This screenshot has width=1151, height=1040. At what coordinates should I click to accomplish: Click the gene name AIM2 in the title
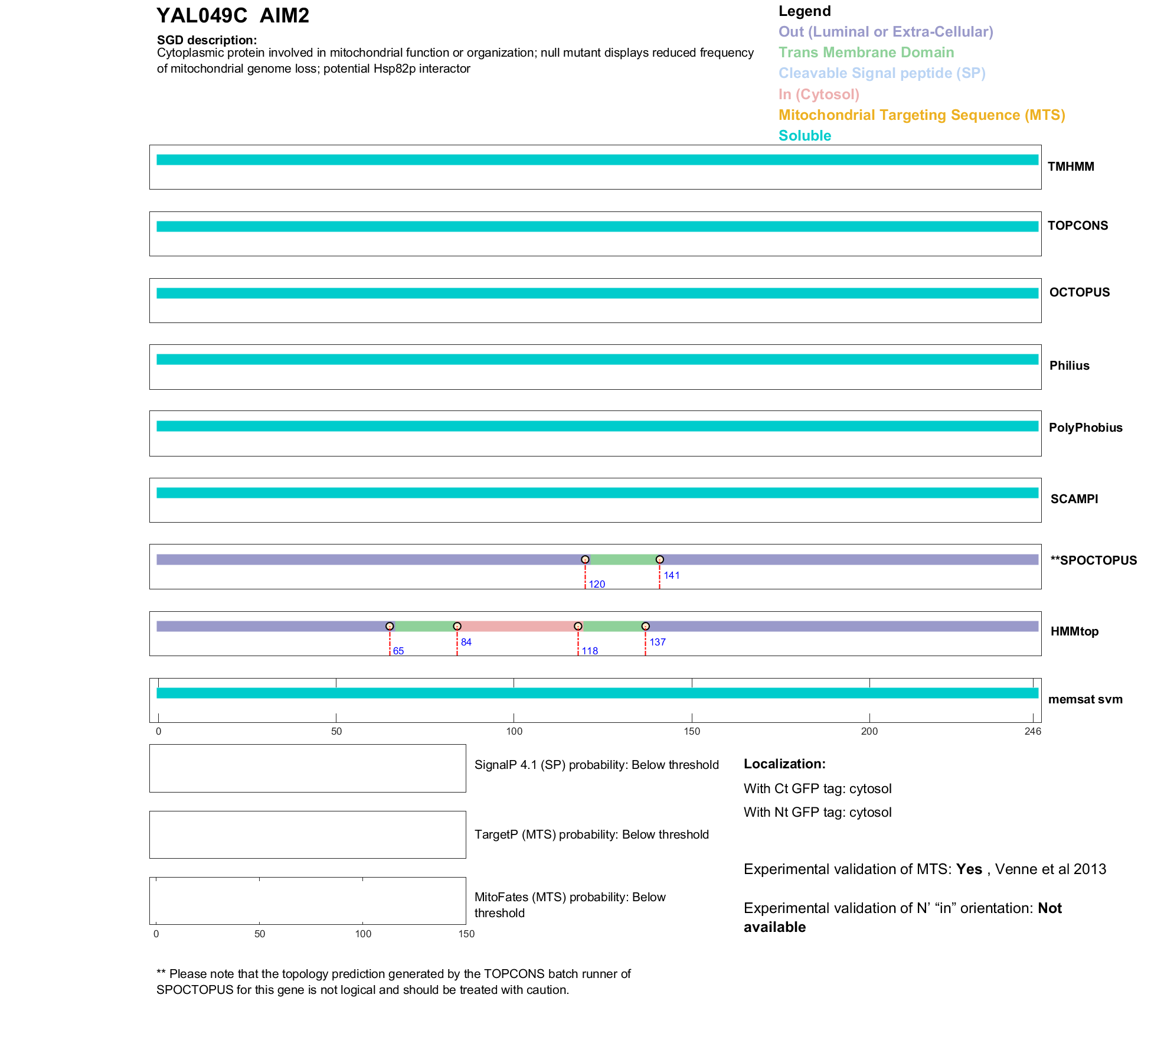284,16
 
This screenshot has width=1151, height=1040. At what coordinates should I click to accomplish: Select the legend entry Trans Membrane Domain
866,53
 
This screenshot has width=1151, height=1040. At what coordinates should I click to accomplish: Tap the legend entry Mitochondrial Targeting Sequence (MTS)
921,115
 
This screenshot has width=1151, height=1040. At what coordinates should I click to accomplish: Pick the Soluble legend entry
805,136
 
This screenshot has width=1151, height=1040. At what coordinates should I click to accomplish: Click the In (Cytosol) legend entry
819,94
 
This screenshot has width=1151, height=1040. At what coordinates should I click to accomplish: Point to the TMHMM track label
1071,167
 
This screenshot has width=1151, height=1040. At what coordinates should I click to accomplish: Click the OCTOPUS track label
1079,292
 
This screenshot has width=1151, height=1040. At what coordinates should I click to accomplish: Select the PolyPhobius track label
1085,428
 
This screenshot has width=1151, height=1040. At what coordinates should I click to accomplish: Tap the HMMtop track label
1074,631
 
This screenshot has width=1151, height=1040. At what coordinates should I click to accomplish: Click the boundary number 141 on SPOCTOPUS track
672,575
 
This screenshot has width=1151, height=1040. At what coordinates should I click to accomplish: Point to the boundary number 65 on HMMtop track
398,651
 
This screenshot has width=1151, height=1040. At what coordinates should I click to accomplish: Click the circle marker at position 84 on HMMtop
457,626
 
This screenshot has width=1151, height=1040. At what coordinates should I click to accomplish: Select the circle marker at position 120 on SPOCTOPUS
585,559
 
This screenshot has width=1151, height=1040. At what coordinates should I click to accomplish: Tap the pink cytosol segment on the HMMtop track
518,626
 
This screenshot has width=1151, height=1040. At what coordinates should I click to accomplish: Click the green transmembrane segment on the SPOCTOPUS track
623,559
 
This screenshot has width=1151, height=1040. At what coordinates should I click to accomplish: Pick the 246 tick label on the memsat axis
1032,731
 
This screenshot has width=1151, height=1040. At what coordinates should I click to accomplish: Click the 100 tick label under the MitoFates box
363,934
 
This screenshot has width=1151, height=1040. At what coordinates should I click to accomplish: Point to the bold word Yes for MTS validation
969,869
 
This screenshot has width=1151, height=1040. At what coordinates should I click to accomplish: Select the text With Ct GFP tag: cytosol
817,788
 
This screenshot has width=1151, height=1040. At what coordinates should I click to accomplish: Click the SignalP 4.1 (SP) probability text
596,765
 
